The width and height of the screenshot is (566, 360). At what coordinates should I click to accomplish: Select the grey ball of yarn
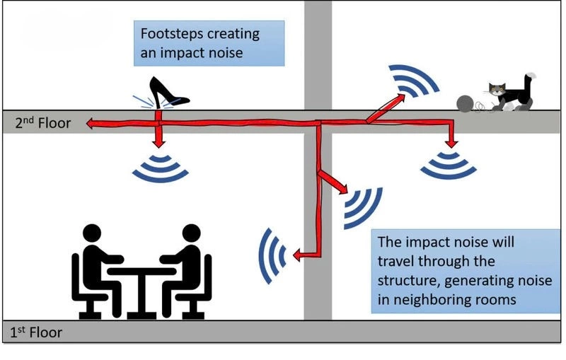tap(466, 103)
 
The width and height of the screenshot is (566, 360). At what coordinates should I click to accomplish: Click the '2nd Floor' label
tap(43, 123)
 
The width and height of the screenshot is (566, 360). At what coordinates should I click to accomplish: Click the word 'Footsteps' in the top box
tap(171, 34)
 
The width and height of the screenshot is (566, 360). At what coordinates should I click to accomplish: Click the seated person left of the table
tap(93, 269)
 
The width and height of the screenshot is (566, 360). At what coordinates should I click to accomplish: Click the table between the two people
tap(141, 279)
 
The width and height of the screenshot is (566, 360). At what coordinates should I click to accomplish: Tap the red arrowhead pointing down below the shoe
tap(159, 141)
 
